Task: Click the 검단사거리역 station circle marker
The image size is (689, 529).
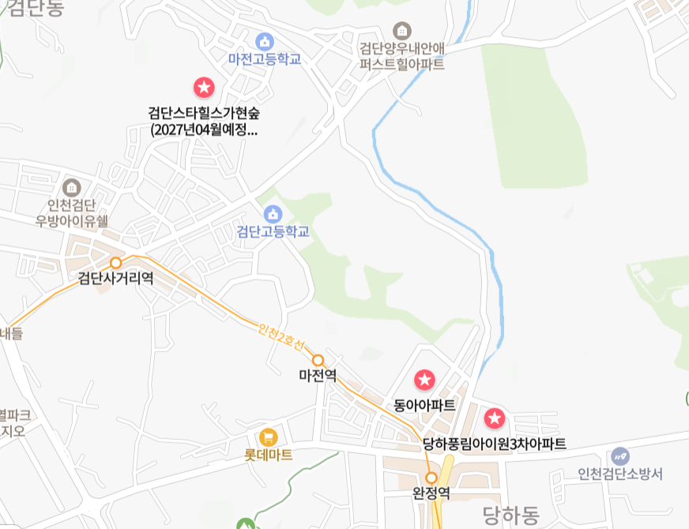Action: [x=116, y=262]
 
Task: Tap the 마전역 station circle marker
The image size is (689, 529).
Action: [x=318, y=360]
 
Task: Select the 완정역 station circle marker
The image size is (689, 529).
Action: [x=431, y=478]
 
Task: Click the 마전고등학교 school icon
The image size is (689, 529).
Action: [x=265, y=41]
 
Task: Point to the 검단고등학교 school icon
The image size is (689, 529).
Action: [x=273, y=214]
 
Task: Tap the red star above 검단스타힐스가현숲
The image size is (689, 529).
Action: [x=204, y=87]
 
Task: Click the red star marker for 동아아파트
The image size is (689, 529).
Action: [x=424, y=381]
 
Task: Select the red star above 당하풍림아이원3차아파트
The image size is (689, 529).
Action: [x=495, y=418]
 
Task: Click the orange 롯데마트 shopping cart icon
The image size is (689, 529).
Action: [x=269, y=437]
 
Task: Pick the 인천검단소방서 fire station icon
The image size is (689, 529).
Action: [x=620, y=456]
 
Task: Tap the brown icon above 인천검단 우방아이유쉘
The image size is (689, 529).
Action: [x=72, y=188]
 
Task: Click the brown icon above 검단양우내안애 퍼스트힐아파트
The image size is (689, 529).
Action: [x=402, y=30]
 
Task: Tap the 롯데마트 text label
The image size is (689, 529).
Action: [x=269, y=456]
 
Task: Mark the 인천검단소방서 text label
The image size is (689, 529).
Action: [x=620, y=474]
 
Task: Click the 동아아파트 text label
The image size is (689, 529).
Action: [x=424, y=405]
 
